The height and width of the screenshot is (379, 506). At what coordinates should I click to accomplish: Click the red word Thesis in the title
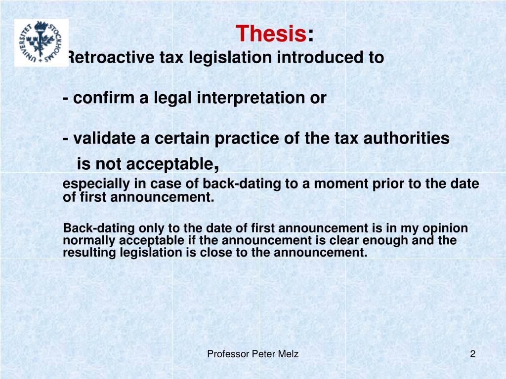point(271,34)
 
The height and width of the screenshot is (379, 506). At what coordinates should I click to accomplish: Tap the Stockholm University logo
point(41,42)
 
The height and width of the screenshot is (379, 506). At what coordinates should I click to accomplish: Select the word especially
point(96,185)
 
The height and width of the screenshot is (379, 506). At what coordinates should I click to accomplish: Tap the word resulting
point(89,253)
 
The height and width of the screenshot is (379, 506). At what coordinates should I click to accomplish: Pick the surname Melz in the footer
point(288,354)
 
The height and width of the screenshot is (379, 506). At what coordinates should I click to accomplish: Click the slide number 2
point(472,354)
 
